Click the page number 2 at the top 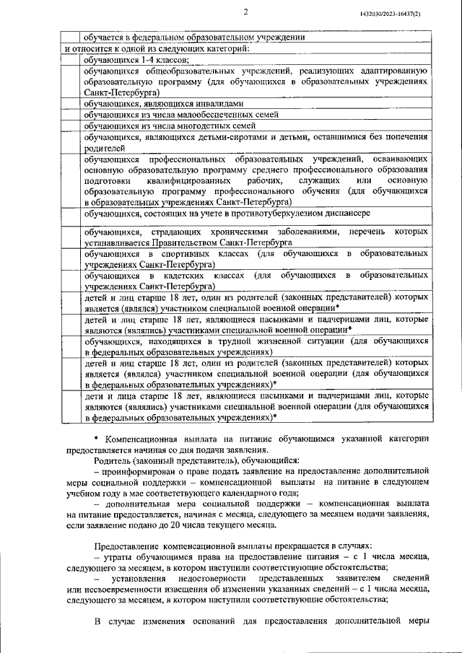[245, 12]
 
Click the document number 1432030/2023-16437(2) [410, 14]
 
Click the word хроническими [237, 232]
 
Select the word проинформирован [143, 470]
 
